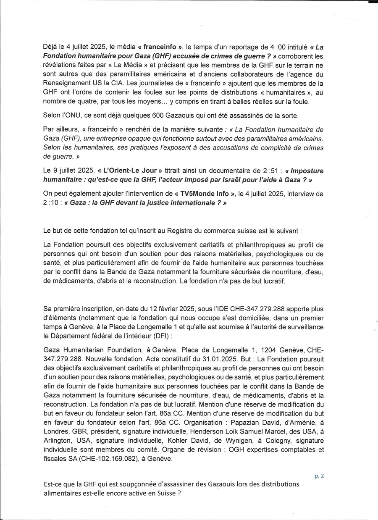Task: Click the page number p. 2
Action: (319, 476)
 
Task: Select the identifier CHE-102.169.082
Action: (115, 459)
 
